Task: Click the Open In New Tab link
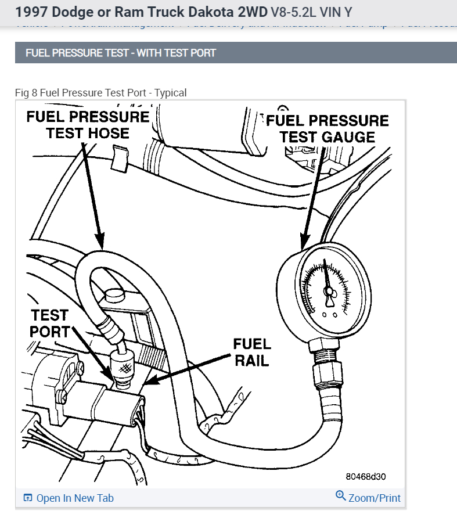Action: tap(75, 498)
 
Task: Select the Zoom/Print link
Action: tap(375, 498)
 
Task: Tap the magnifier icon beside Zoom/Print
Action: tap(341, 496)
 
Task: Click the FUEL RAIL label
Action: tap(251, 352)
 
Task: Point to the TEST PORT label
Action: tap(50, 323)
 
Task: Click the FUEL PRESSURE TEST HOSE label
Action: tap(88, 124)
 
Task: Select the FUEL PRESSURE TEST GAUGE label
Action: tap(327, 128)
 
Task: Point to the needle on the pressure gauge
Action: tap(329, 287)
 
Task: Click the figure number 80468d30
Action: tap(366, 477)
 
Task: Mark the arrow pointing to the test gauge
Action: tap(311, 197)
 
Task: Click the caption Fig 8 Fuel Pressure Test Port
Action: tap(101, 93)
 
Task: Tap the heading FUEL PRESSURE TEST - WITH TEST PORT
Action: tap(121, 53)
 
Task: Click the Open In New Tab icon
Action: tap(27, 498)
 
